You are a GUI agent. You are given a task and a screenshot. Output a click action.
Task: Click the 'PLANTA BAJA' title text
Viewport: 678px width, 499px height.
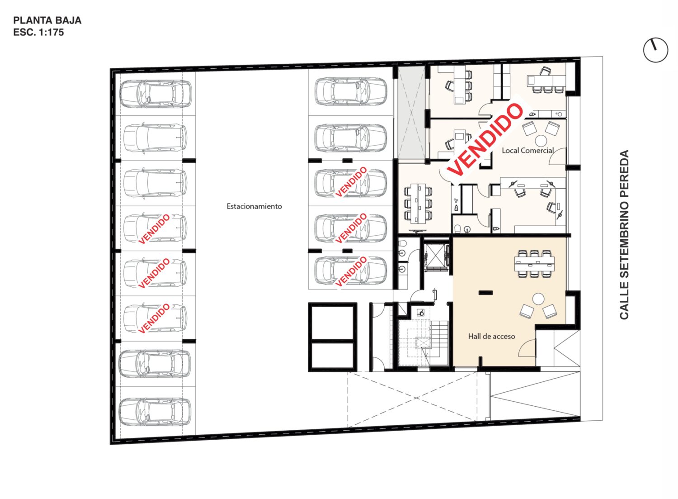[47, 20]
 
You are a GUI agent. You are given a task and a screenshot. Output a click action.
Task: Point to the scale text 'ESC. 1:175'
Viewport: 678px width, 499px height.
[38, 32]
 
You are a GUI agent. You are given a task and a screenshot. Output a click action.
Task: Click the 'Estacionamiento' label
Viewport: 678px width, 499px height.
[254, 206]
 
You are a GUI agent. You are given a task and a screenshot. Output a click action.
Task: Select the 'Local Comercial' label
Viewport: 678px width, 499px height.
[527, 150]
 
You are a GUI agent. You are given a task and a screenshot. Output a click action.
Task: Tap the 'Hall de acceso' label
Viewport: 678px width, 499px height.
[491, 336]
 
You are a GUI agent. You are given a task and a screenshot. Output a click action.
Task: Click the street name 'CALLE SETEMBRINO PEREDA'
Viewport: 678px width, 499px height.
[624, 234]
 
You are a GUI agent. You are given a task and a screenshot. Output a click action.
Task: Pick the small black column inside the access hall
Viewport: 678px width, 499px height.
[485, 293]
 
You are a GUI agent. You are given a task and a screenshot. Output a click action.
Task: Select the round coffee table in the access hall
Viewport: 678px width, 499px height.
[538, 299]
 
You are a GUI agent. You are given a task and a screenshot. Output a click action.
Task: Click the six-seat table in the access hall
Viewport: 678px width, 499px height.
[534, 264]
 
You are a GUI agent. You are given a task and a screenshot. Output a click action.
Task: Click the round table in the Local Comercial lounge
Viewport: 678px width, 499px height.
[541, 140]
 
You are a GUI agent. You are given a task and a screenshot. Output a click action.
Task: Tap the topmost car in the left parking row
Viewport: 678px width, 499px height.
[155, 94]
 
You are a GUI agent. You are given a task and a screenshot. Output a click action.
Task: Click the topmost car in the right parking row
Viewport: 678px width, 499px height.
[351, 91]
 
